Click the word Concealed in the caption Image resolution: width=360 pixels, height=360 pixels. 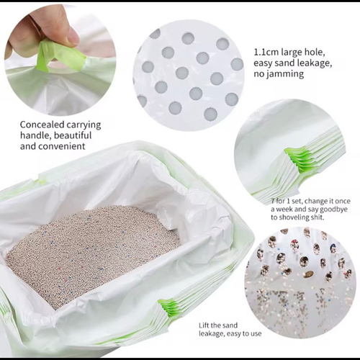tap(42, 125)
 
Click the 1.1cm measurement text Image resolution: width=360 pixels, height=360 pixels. tap(266, 52)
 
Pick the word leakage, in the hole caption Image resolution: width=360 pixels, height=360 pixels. tap(316, 63)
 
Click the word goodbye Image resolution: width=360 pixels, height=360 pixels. tap(334, 210)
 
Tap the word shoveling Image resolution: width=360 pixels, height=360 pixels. tap(294, 217)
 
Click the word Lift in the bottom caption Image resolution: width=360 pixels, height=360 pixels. tap(203, 325)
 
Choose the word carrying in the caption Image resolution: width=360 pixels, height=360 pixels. tap(84, 125)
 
